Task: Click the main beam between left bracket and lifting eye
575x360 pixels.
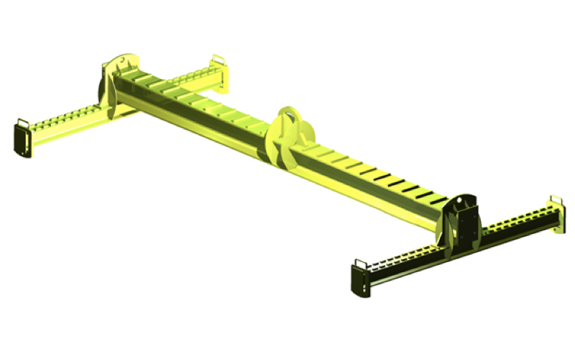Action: coord(194,108)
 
